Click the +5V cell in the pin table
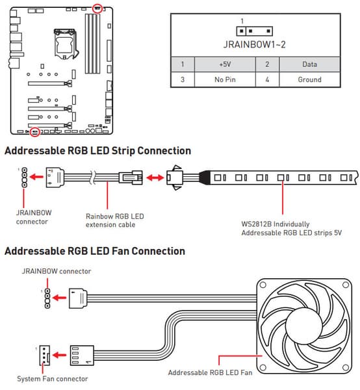point(225,64)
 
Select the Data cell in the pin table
point(309,64)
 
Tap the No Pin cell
point(225,79)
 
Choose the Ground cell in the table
point(309,79)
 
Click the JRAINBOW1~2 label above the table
point(254,44)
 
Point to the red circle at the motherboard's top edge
point(97,8)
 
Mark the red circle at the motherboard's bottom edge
point(35,131)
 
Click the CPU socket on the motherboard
point(65,44)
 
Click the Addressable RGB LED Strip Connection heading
point(97,151)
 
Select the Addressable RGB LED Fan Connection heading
point(95,251)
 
